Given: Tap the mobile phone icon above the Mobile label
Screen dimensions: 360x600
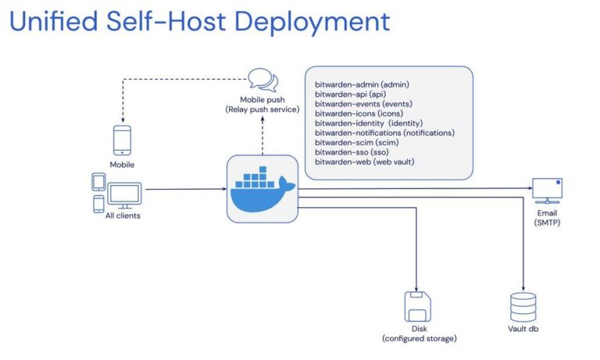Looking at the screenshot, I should click(121, 141).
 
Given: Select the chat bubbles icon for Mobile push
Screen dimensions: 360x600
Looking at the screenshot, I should click(262, 79).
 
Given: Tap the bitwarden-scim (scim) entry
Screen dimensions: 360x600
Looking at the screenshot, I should click(355, 142).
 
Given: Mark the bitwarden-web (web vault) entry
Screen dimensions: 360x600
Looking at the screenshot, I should click(364, 162).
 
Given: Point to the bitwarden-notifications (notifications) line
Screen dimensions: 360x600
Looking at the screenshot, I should click(384, 133).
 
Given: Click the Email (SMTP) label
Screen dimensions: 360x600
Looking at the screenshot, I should click(547, 217).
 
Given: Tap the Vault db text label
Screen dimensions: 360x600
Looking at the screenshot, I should click(523, 329).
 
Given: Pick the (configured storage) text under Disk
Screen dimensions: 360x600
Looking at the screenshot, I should click(419, 338).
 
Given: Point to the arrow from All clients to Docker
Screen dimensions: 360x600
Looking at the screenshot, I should click(184, 189).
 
